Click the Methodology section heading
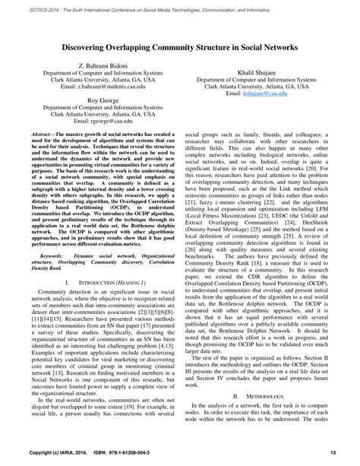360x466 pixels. click(x=270, y=418)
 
